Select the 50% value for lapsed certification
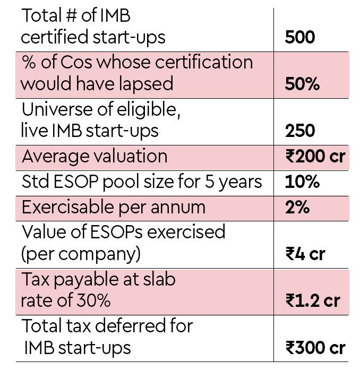pos(302,84)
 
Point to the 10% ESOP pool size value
pos(302,182)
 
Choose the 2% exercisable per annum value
pos(297,207)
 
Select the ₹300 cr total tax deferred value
pos(315,348)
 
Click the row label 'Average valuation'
pos(94,157)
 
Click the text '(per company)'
pos(81,254)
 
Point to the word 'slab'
pos(157,278)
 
